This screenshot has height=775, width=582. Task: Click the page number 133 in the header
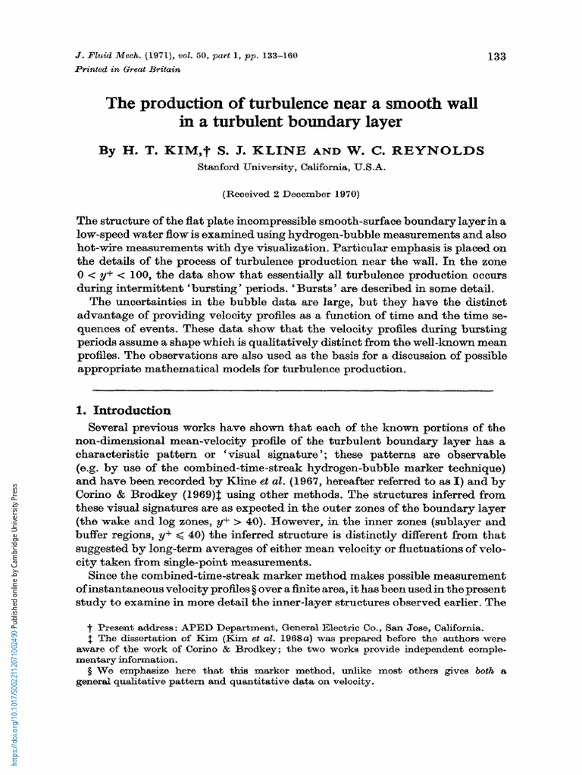click(496, 56)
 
